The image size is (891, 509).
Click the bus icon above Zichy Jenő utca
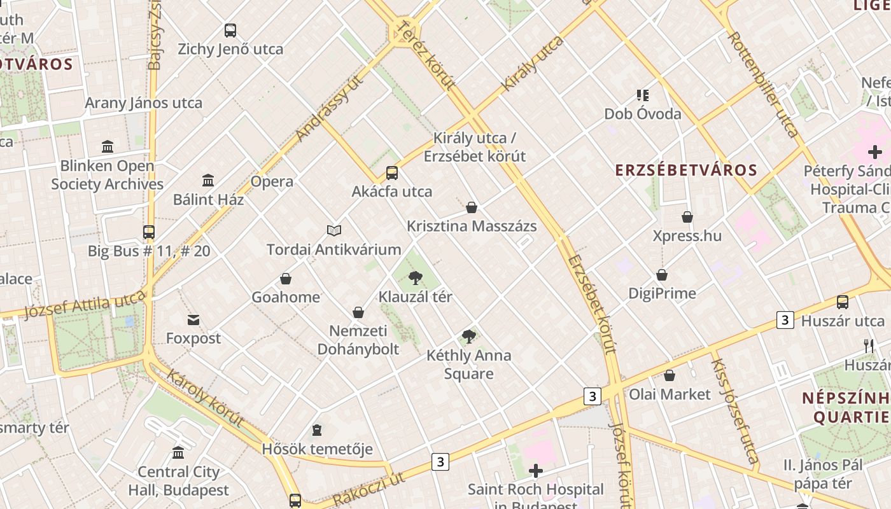230,30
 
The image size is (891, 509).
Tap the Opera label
272,181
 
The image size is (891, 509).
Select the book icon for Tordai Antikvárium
334,230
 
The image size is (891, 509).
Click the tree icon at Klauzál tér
416,277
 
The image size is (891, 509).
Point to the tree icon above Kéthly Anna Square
469,336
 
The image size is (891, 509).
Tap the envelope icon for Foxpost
193,319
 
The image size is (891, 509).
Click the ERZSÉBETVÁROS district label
686,170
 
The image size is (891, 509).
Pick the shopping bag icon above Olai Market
670,375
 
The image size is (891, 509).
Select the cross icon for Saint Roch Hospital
536,471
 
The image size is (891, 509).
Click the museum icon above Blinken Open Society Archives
108,147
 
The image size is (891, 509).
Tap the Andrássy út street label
330,108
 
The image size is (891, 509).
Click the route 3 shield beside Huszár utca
785,320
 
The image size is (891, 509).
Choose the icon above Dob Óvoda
643,95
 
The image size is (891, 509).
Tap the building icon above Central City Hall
178,453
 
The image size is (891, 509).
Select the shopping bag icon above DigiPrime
662,275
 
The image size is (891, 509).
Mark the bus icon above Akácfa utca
392,173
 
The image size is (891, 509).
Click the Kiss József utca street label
734,410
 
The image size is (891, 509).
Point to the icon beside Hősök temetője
316,431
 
